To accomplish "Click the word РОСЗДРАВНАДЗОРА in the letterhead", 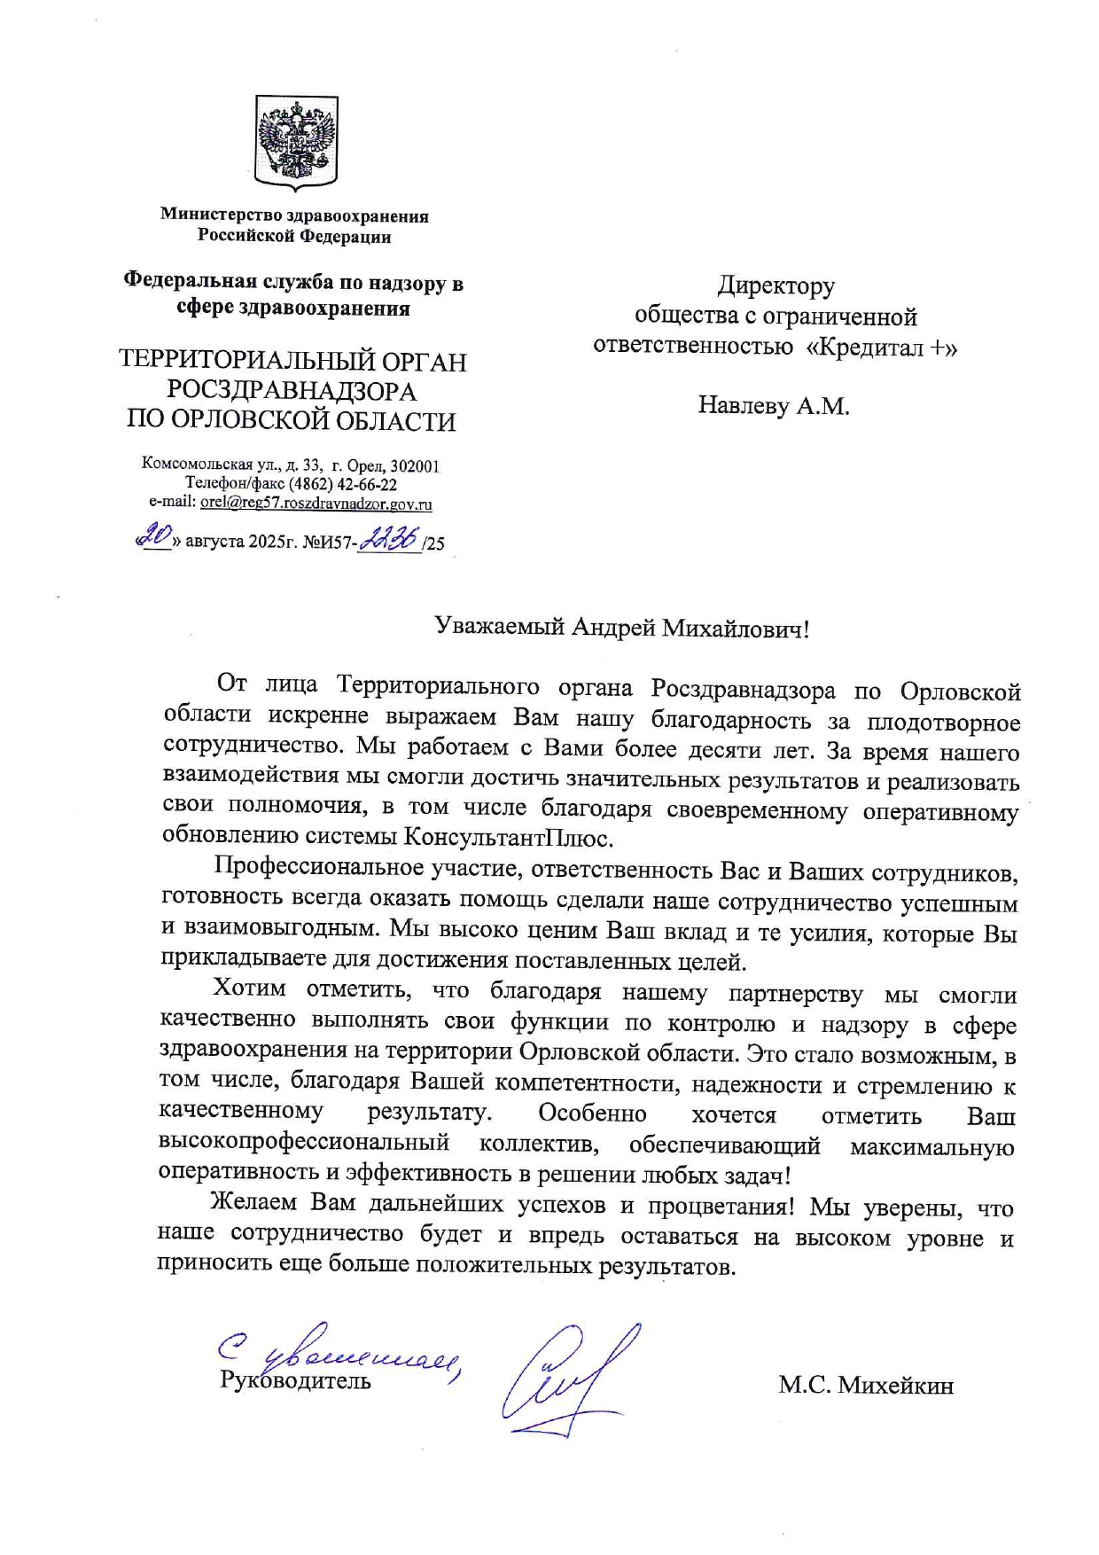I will click(x=292, y=390).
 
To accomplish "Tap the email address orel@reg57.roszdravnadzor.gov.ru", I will click(x=316, y=504).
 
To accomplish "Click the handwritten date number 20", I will click(x=158, y=536).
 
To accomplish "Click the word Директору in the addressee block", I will click(x=776, y=285).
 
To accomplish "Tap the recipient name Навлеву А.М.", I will click(x=773, y=406).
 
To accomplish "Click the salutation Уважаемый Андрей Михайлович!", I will click(x=621, y=629).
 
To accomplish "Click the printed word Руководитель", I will click(x=295, y=1381).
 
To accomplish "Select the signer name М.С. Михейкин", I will click(x=866, y=1386).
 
